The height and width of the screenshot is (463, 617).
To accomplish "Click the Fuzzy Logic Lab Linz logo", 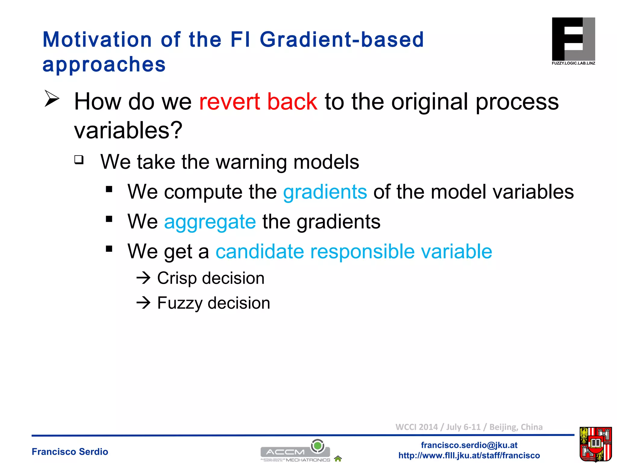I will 573,41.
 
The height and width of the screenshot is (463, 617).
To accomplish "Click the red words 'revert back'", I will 258,102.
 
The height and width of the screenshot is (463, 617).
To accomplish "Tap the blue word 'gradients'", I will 325,192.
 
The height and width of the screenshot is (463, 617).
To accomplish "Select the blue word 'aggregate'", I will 210,222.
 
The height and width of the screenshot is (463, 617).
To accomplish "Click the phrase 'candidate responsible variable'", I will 354,251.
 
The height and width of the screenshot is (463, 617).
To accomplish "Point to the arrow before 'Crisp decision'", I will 143,278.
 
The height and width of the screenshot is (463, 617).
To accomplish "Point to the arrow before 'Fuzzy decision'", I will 143,303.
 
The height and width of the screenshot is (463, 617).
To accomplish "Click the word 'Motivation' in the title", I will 97,40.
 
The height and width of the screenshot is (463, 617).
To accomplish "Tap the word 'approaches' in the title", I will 104,65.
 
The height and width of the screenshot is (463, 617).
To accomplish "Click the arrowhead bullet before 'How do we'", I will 52,98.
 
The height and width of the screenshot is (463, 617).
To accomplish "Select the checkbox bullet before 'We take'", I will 79,159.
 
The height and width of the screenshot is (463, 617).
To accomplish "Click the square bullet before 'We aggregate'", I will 109,219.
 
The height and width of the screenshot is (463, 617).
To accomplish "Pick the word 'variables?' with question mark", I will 128,130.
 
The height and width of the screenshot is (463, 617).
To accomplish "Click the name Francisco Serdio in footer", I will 70,452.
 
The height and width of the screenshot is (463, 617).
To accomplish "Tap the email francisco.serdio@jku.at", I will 469,445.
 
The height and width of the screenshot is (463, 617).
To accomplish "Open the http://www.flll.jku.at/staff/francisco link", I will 469,455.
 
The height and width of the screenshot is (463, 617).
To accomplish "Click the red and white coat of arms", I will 595,444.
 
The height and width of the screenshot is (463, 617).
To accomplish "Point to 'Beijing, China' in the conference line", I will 516,427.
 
